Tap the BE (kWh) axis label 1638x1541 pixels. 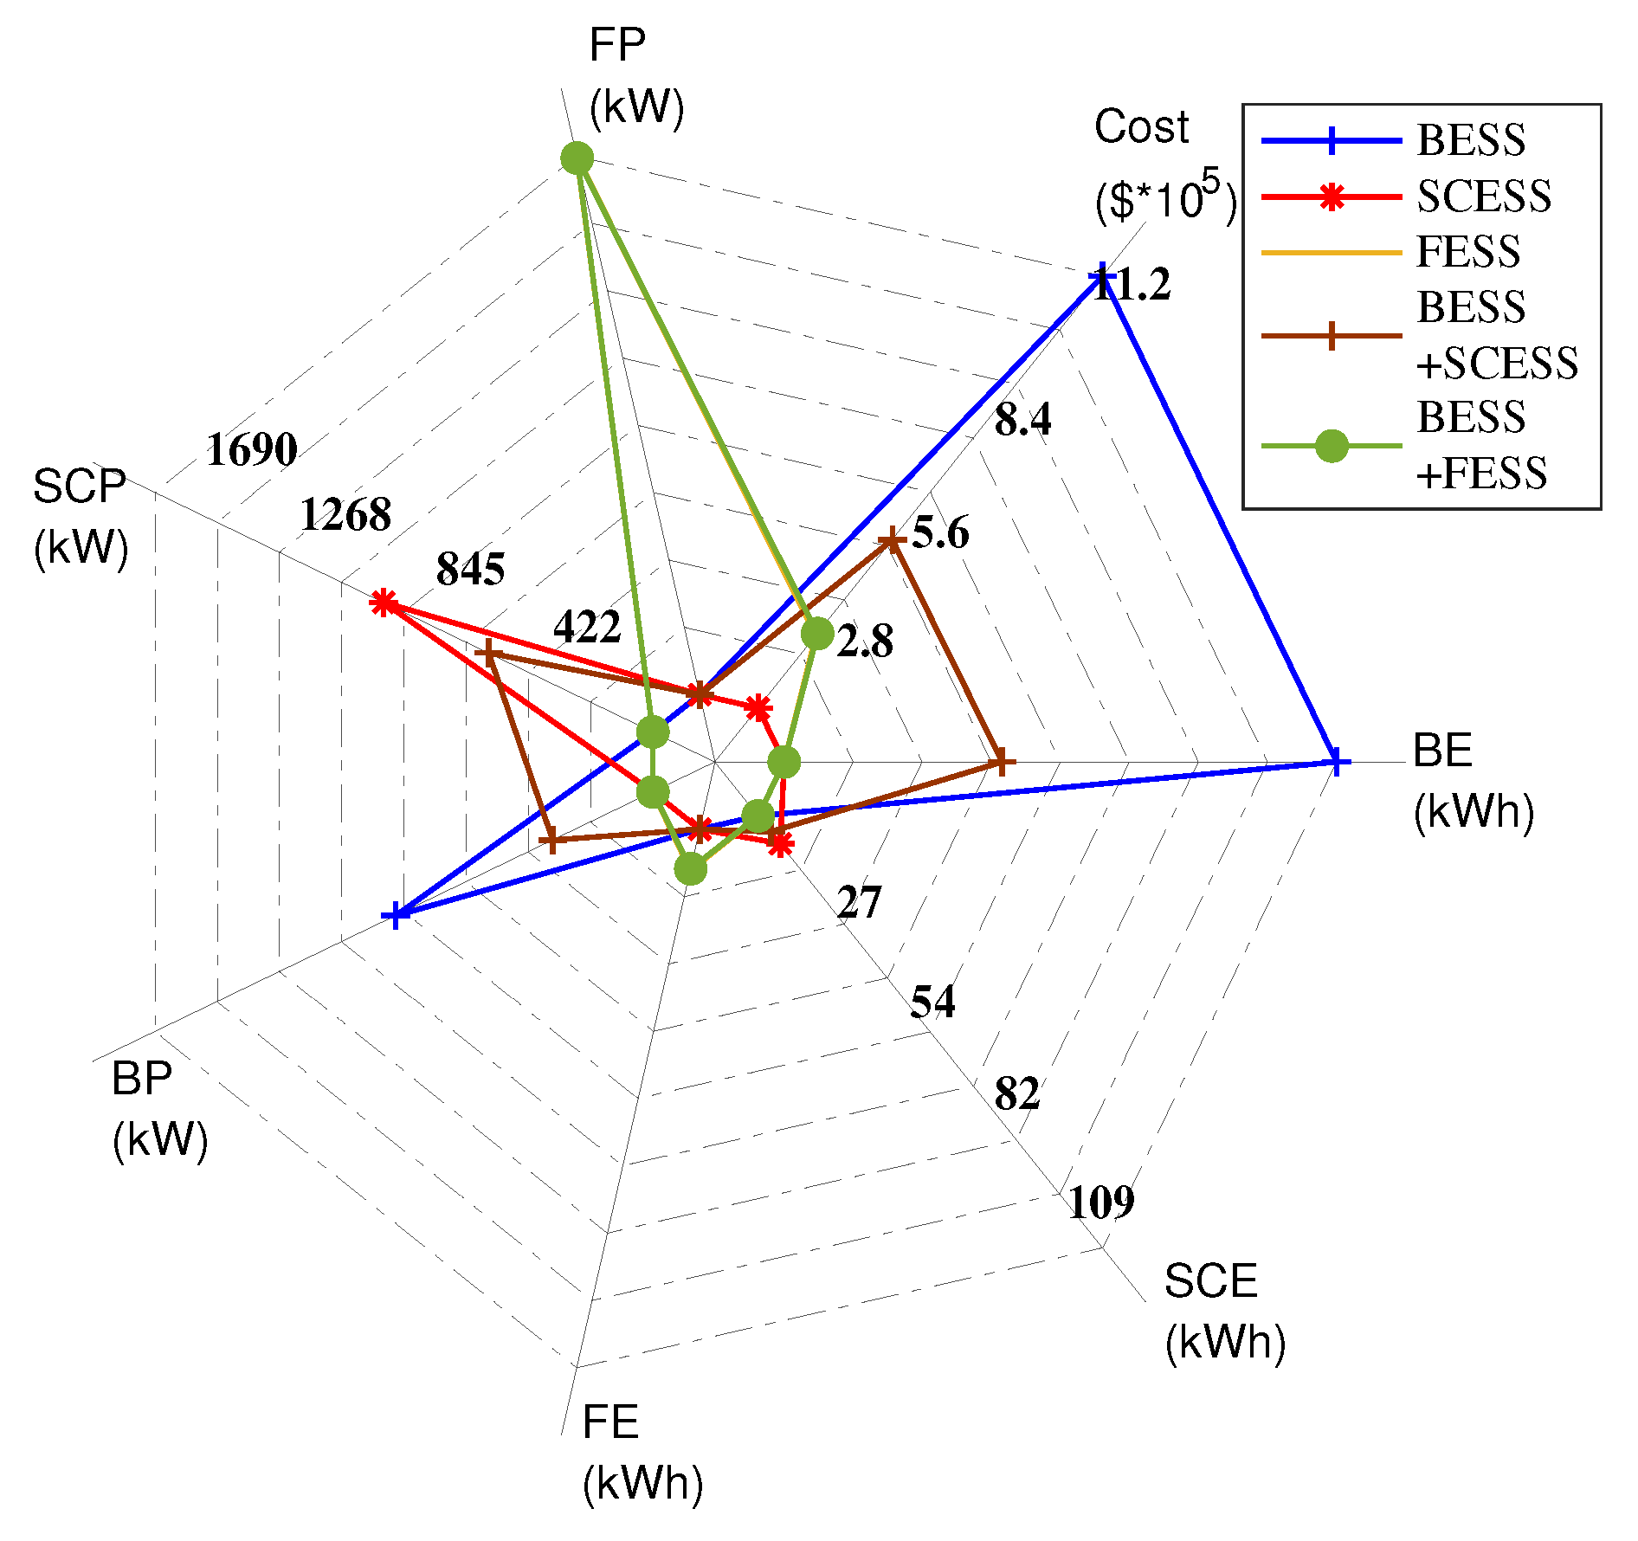(1472, 779)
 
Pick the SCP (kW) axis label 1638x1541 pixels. (81, 517)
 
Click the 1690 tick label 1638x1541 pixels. (252, 449)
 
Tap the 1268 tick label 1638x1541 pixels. (345, 515)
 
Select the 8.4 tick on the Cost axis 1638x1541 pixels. (1022, 419)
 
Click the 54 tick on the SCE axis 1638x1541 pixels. (932, 1002)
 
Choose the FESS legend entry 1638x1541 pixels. (1467, 252)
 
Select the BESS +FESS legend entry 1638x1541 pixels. (1480, 446)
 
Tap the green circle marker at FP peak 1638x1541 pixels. (577, 158)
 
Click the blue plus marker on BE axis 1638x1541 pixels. (1336, 762)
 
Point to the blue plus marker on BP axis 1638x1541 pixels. (395, 914)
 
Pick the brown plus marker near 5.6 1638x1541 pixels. (892, 541)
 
